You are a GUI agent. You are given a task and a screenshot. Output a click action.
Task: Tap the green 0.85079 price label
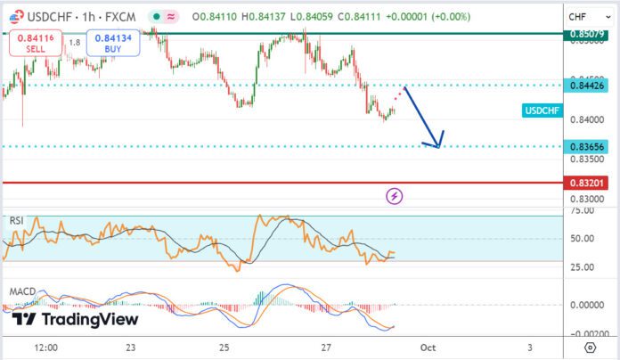click(x=590, y=35)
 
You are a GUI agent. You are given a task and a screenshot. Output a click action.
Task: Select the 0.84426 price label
click(x=590, y=85)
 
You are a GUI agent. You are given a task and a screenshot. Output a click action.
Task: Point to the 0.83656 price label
click(x=590, y=146)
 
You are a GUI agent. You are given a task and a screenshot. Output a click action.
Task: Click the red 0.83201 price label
click(x=590, y=183)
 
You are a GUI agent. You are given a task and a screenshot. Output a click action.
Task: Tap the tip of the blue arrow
click(x=436, y=145)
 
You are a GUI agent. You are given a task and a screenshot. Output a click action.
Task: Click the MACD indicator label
click(x=21, y=291)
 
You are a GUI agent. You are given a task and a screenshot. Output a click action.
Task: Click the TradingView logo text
click(x=76, y=319)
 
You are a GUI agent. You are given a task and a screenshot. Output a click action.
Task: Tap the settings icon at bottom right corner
click(x=590, y=348)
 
